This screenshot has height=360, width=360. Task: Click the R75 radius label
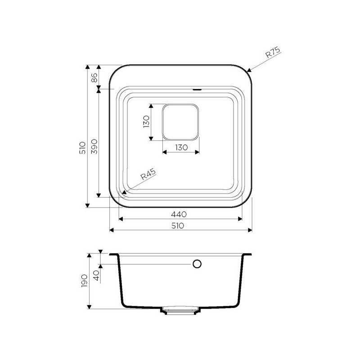tap(273, 53)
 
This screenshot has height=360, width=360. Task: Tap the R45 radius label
tap(148, 174)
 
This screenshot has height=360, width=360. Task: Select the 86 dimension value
tap(94, 78)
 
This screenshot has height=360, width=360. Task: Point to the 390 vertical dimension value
tap(94, 147)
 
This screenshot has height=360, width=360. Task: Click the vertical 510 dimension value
tap(82, 148)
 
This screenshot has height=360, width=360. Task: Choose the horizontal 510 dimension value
tap(178, 226)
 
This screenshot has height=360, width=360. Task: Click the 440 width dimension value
tap(179, 215)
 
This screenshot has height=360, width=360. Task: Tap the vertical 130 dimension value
tap(146, 121)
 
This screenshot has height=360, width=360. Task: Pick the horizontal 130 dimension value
tap(181, 148)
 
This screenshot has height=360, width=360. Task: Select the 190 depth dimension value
tap(84, 281)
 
